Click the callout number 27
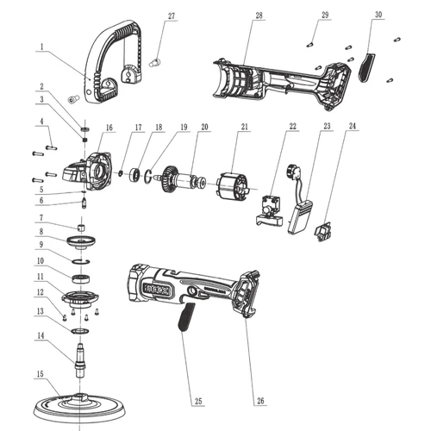click(170, 16)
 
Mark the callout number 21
click(245, 128)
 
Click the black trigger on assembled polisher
click(184, 318)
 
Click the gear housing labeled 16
click(95, 168)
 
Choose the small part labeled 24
click(325, 230)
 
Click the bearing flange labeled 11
click(81, 299)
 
